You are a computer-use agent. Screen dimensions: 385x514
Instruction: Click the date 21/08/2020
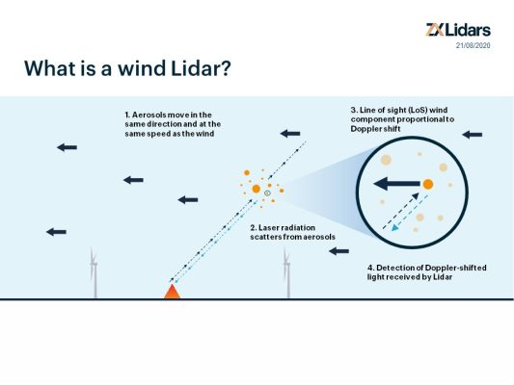(473, 44)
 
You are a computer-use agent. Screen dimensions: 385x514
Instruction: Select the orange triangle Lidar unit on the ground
(173, 291)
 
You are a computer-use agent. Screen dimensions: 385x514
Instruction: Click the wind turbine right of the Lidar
(285, 274)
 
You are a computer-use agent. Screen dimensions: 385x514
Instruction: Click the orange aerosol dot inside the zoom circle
(427, 183)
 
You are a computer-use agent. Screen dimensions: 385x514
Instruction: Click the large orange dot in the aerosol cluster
(256, 189)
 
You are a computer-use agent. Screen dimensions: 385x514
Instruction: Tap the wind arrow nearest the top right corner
(472, 134)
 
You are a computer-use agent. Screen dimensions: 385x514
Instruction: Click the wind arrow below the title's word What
(67, 146)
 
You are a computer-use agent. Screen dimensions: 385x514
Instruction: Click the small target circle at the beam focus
(267, 194)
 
